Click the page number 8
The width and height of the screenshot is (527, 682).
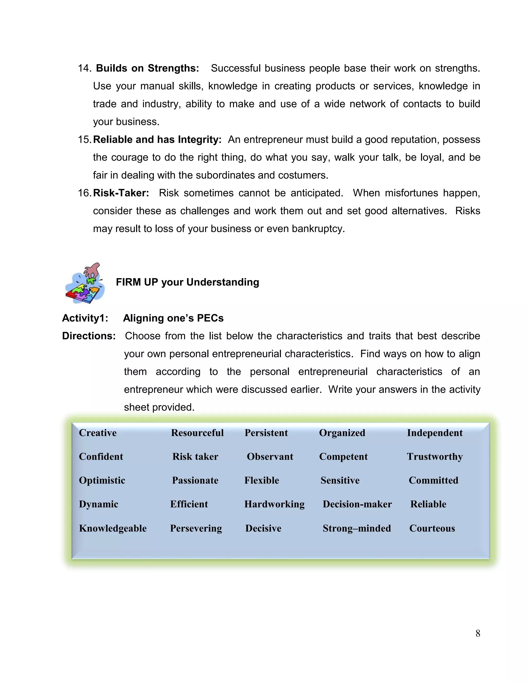478,633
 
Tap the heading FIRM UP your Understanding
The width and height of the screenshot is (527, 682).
187,282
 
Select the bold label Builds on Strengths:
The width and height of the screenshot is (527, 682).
147,68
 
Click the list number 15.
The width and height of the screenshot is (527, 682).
84,139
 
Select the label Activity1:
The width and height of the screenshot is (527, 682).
85,318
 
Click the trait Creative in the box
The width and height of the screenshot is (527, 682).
98,433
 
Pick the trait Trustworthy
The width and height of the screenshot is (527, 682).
435,456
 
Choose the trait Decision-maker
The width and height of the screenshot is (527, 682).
357,504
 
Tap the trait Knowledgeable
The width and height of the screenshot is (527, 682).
113,528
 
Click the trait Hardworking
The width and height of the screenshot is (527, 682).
274,504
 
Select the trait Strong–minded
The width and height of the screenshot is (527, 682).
357,528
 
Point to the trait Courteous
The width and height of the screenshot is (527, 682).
432,528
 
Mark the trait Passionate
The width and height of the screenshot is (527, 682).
195,480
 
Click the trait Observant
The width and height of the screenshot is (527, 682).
270,456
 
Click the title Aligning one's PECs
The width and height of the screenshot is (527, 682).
173,318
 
